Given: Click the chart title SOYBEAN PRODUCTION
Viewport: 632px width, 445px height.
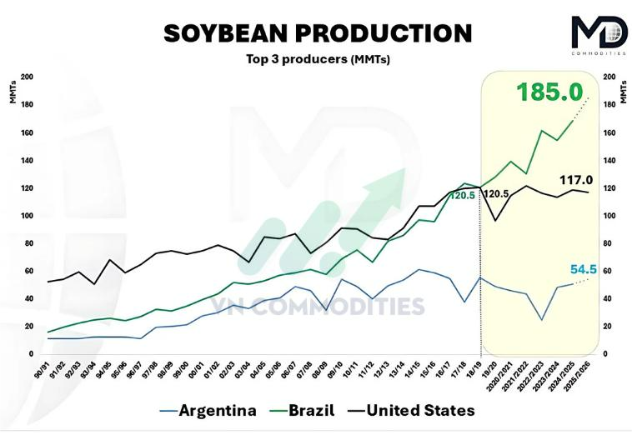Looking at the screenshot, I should tap(317, 32).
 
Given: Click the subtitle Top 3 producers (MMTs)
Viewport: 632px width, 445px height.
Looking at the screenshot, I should tap(318, 59).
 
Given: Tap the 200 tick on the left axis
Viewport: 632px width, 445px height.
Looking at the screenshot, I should tap(28, 77).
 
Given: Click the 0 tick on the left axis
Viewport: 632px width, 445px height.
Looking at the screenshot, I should tap(31, 354).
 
